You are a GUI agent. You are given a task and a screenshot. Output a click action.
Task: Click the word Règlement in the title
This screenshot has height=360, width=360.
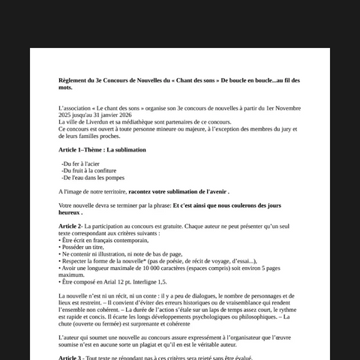(73, 79)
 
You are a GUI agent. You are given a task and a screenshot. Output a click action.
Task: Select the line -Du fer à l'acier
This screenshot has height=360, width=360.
(80, 163)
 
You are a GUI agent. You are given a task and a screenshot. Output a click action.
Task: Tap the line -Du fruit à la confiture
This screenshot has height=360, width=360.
(87, 170)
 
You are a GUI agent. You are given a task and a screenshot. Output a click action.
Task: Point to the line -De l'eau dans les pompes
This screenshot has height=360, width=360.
(92, 178)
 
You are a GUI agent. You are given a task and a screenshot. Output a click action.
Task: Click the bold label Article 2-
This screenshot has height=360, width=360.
(70, 226)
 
